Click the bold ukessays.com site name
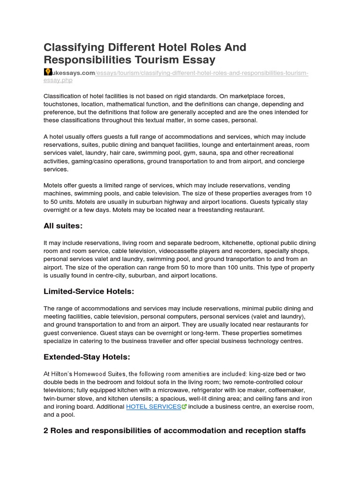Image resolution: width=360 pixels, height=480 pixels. (73, 73)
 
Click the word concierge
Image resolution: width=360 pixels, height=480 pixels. (289, 161)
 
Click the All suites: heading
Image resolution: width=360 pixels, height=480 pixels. (63, 226)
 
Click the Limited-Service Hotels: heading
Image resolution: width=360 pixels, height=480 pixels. (89, 292)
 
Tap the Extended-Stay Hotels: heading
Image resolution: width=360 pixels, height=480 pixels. (87, 357)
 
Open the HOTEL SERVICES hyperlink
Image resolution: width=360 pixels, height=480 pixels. (153, 407)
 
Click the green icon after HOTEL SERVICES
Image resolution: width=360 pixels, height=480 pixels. (184, 407)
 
